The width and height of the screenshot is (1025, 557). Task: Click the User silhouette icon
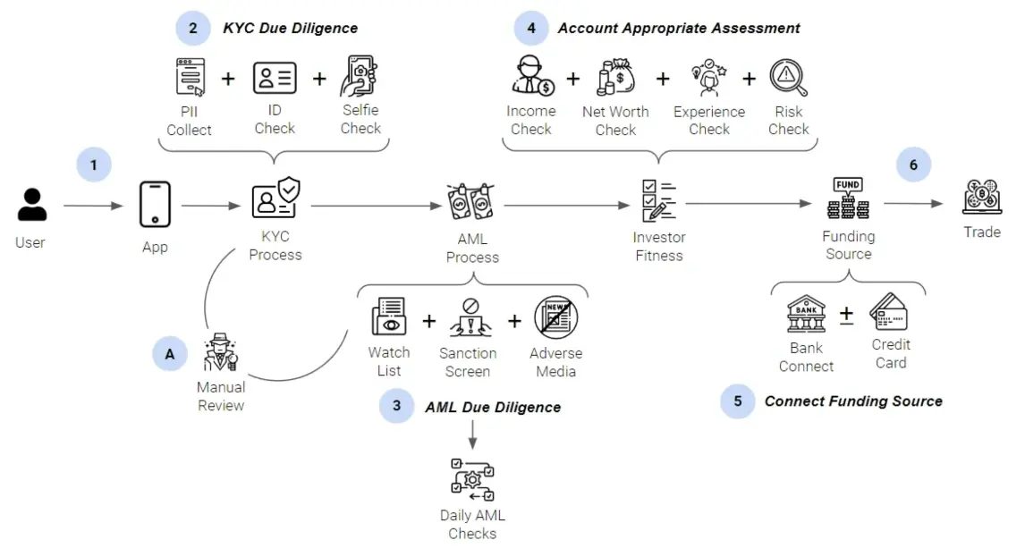[31, 205]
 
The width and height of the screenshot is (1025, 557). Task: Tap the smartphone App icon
[155, 205]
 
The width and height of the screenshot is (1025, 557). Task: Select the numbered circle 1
[94, 165]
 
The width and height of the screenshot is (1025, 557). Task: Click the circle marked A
[169, 354]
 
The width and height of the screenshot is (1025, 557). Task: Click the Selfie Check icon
[360, 77]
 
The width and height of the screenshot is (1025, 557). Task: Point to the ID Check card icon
[275, 78]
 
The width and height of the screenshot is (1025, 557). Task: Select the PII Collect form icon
[190, 78]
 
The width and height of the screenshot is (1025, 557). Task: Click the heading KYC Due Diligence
[290, 28]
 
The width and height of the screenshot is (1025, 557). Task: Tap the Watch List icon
[389, 319]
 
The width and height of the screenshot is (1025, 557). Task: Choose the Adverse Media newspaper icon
[556, 318]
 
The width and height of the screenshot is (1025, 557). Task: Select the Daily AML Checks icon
[472, 480]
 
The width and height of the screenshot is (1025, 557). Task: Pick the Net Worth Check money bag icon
[615, 78]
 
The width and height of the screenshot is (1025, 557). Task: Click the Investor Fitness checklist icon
[658, 202]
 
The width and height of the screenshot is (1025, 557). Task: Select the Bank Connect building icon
[806, 314]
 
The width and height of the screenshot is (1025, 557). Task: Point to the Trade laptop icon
[981, 198]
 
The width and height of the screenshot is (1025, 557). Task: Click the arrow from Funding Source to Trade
[912, 204]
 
